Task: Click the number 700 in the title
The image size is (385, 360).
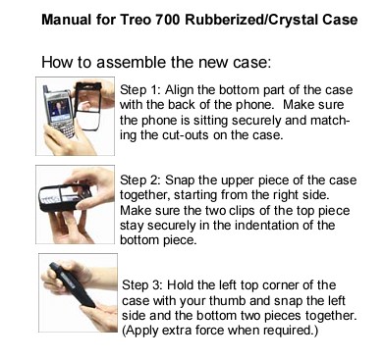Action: (x=168, y=20)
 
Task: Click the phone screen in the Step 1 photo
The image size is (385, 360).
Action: (x=60, y=110)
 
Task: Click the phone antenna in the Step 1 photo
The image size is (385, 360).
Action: (x=46, y=89)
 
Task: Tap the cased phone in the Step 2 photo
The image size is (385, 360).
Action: (x=65, y=197)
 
